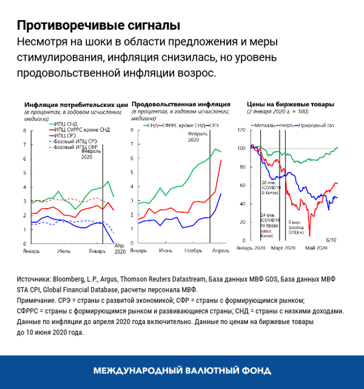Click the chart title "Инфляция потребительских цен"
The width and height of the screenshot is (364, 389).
click(x=76, y=104)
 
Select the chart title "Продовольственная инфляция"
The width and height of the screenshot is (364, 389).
click(x=176, y=104)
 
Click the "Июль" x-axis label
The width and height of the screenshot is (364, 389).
click(x=62, y=250)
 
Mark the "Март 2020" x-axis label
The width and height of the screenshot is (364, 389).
click(x=282, y=248)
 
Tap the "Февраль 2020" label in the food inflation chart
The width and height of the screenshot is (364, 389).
click(x=197, y=136)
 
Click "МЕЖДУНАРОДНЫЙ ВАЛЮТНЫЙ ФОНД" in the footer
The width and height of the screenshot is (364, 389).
click(x=182, y=371)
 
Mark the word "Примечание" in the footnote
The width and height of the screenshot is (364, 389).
click(x=38, y=300)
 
